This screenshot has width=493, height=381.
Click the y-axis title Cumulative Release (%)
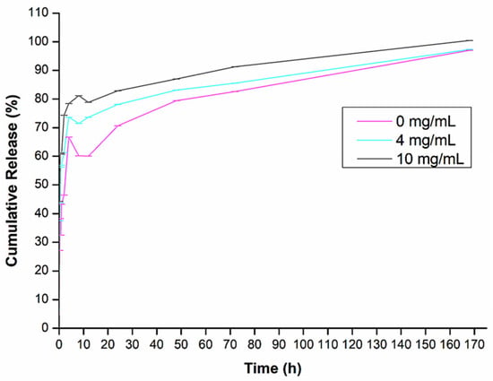pos(12,180)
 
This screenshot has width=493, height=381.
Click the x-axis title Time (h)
pos(272,368)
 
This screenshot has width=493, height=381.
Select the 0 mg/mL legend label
pos(426,121)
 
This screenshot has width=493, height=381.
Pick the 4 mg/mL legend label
pos(426,140)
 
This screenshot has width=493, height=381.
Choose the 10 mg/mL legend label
pos(429,159)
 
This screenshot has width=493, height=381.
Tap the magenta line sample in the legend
pos(374,121)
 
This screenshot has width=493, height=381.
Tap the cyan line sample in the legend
pos(374,140)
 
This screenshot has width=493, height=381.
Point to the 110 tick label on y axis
pos(39,13)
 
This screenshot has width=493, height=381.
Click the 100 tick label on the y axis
pos(39,42)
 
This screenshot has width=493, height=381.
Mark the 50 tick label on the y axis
pos(42,185)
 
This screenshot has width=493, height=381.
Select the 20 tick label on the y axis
pos(42,271)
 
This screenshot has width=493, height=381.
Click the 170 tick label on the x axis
pos(474,345)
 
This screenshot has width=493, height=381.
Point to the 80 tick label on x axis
pos(255,345)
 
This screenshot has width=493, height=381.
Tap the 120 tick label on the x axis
pos(352,345)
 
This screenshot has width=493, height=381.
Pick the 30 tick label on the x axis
pos(133,345)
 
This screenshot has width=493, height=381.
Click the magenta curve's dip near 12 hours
pos(89,156)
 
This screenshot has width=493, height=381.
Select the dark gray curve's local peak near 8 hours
pos(79,96)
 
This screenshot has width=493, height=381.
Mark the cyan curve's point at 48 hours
pos(177,90)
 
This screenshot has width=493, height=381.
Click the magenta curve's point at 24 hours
pos(118,126)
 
